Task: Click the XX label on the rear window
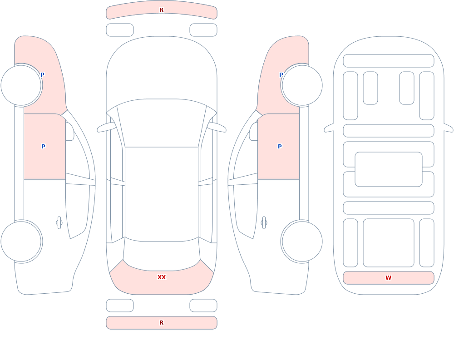[162, 277]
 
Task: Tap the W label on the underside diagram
[388, 278]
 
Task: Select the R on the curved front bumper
[162, 10]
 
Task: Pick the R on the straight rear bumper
[162, 323]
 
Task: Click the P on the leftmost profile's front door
[43, 146]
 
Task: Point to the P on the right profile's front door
[280, 146]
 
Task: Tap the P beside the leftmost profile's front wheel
[42, 75]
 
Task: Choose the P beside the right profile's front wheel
[281, 75]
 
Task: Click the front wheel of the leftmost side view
[21, 85]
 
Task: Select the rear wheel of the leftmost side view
[21, 241]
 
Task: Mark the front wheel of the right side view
[302, 85]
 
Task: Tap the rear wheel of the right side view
[302, 241]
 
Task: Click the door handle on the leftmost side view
[59, 223]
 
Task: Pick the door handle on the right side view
[264, 223]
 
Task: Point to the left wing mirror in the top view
[106, 127]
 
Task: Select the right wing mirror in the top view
[217, 127]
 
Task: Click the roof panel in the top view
[162, 194]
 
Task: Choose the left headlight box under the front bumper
[120, 30]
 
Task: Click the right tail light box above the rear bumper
[203, 306]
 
